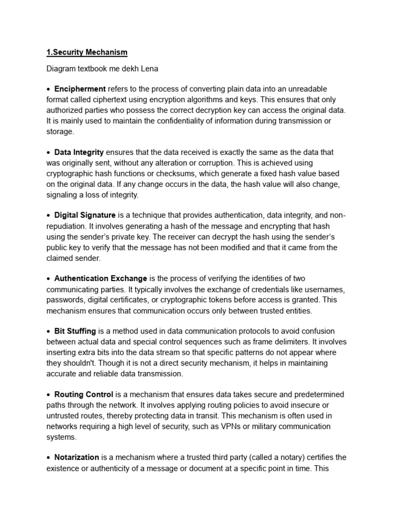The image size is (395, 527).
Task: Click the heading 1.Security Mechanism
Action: click(x=87, y=52)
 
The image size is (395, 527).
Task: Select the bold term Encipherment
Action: click(x=80, y=89)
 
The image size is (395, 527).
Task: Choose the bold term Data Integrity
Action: click(x=79, y=152)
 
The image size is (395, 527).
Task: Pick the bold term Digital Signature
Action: click(x=85, y=215)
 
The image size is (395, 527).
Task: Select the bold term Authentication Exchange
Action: click(x=101, y=278)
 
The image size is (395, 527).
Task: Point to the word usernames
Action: click(x=320, y=289)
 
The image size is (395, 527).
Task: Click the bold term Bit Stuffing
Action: click(x=75, y=331)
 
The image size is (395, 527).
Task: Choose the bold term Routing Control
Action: click(x=84, y=395)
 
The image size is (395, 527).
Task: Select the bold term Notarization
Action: click(x=77, y=458)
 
